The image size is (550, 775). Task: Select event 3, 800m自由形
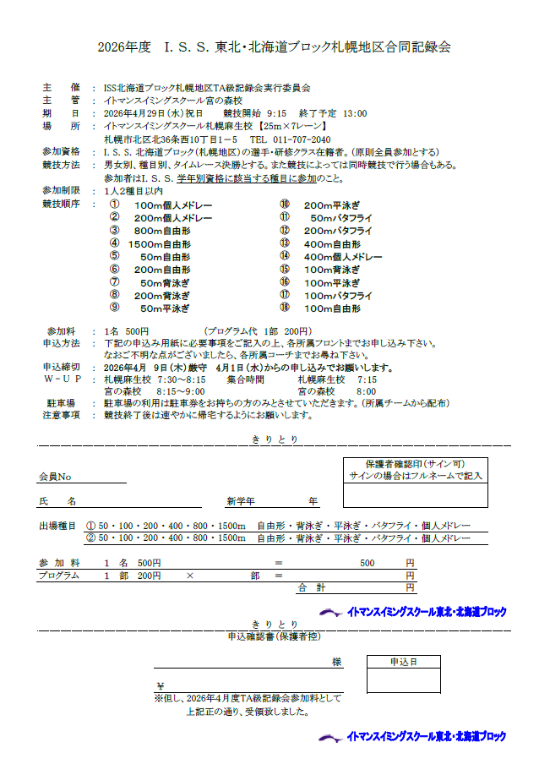[162, 231]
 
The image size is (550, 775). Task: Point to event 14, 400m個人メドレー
[343, 257]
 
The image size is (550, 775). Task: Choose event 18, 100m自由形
[332, 308]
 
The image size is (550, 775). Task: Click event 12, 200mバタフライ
[338, 231]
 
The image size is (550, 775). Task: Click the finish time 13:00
[354, 112]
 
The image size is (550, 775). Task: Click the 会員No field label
[60, 478]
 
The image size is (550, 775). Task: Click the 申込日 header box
[402, 662]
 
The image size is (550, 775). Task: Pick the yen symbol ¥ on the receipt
[160, 685]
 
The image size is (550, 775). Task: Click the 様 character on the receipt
[336, 662]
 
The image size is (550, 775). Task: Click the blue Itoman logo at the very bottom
[413, 737]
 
